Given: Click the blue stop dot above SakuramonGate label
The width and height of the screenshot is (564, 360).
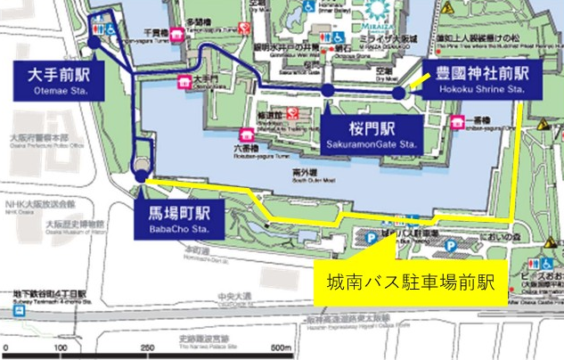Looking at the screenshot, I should pos(329,90).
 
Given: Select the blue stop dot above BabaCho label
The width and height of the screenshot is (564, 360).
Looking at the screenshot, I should pos(141,179).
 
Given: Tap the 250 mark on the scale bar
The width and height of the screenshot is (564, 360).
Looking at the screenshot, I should pos(145,347).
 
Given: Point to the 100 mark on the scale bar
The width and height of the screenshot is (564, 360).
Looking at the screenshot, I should pos(61,347).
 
